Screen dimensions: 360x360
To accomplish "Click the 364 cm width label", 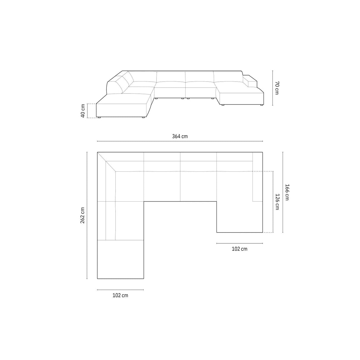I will pos(180,136).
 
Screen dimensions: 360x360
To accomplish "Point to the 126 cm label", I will pos(277,202).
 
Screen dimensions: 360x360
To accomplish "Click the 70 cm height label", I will pos(277,88).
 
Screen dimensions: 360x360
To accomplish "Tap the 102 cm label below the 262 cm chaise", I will pos(120,295).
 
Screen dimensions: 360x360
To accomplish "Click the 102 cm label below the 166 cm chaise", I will pos(239,249).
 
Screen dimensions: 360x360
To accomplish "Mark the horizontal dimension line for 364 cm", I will pos(180,141).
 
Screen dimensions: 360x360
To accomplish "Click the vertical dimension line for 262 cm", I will pos(87,215).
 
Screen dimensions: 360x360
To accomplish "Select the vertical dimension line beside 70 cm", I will pos(272,88).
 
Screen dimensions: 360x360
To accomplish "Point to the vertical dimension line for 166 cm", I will pos(283,192).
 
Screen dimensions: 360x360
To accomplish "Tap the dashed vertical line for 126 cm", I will pos(272,202).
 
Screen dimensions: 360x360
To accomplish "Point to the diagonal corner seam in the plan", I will pos(106,162).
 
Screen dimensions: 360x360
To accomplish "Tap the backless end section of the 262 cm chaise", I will pos(120,259).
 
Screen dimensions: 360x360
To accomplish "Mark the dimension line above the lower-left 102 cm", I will pos(120,290).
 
